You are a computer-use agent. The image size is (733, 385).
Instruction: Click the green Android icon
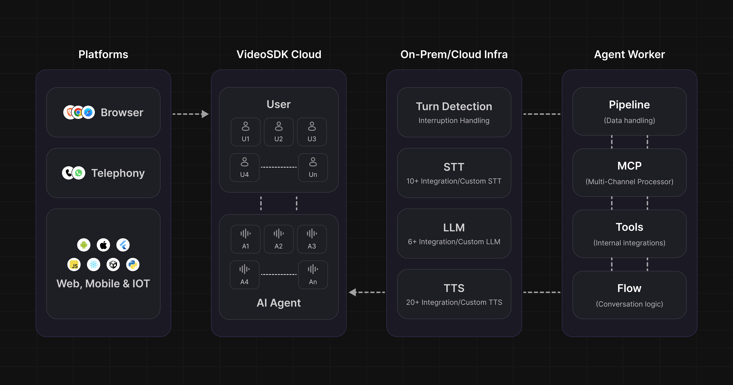point(84,245)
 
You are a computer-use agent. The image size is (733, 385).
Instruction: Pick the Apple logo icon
point(103,245)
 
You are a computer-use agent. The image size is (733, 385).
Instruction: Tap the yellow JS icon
point(74,265)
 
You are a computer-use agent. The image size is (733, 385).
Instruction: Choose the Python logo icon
point(133,265)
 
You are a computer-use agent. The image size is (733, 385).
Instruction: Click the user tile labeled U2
point(279,132)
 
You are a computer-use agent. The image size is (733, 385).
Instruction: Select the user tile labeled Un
point(313,167)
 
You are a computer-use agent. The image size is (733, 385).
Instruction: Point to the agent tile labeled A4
point(244,275)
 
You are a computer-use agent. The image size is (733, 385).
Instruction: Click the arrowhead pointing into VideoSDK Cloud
point(205,114)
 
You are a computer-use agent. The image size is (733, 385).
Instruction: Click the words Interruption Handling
point(454,121)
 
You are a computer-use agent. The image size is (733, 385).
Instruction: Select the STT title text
point(454,167)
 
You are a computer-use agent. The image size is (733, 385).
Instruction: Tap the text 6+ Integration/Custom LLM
point(454,242)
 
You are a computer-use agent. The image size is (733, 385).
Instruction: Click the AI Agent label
point(279,303)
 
